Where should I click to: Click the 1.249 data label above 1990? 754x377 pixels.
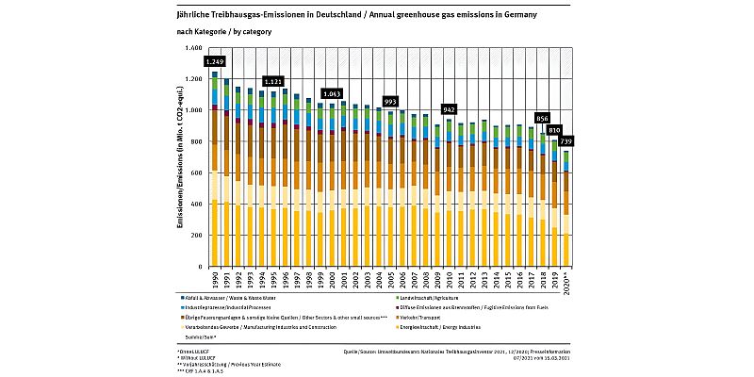pos(214,61)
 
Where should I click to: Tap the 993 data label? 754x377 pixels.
pos(390,101)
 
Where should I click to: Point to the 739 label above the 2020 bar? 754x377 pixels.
pos(565,141)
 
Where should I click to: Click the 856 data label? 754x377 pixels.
pos(542,119)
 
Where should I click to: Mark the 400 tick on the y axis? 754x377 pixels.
pos(195,205)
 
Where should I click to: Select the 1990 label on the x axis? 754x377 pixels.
pos(215,281)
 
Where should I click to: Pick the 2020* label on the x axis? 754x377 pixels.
pos(565,282)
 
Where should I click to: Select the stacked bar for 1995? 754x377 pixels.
pos(273,179)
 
